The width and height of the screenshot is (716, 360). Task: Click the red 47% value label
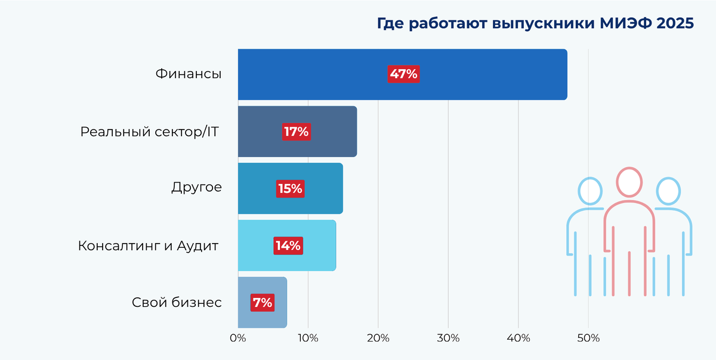click(403, 75)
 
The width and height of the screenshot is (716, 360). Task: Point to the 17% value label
click(296, 132)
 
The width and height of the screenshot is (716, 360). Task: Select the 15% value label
click(291, 189)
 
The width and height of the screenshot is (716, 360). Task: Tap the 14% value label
click(288, 245)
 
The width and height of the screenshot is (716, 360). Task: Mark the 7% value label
click(263, 303)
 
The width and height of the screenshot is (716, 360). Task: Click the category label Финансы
click(189, 75)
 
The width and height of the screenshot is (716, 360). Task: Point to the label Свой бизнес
click(177, 303)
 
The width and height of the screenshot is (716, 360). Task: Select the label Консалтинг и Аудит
click(149, 246)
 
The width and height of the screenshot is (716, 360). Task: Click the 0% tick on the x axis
click(238, 338)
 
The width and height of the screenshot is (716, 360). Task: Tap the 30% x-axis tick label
click(448, 338)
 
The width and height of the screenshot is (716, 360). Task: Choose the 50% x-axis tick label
click(588, 338)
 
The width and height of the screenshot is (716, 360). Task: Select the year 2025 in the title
click(677, 24)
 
